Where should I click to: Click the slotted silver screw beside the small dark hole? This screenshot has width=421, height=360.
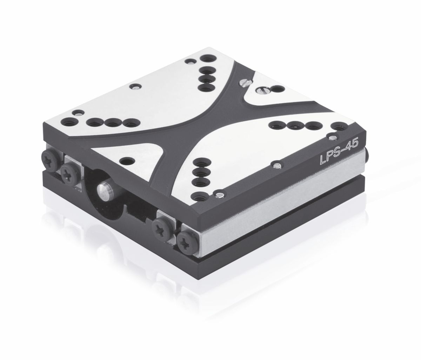pos(263,89)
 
